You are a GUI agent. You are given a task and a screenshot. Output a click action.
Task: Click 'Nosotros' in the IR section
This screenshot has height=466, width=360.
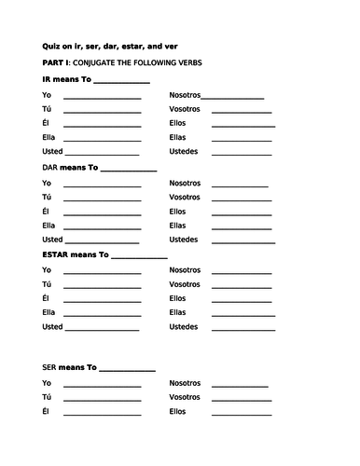coord(185,95)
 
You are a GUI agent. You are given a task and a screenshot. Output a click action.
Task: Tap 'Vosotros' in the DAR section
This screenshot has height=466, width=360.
coord(185,197)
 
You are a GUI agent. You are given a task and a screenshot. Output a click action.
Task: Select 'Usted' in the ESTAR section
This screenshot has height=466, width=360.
coord(52,326)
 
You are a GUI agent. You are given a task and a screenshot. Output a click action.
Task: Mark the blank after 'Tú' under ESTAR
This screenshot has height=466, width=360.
coord(102,285)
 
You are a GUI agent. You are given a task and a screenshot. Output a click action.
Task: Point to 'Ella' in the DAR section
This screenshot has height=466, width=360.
coord(49,225)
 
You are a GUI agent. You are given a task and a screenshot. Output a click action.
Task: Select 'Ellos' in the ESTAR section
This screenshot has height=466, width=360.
coord(178,298)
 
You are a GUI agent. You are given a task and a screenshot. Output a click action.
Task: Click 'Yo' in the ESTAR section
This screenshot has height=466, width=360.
coord(47,269)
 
